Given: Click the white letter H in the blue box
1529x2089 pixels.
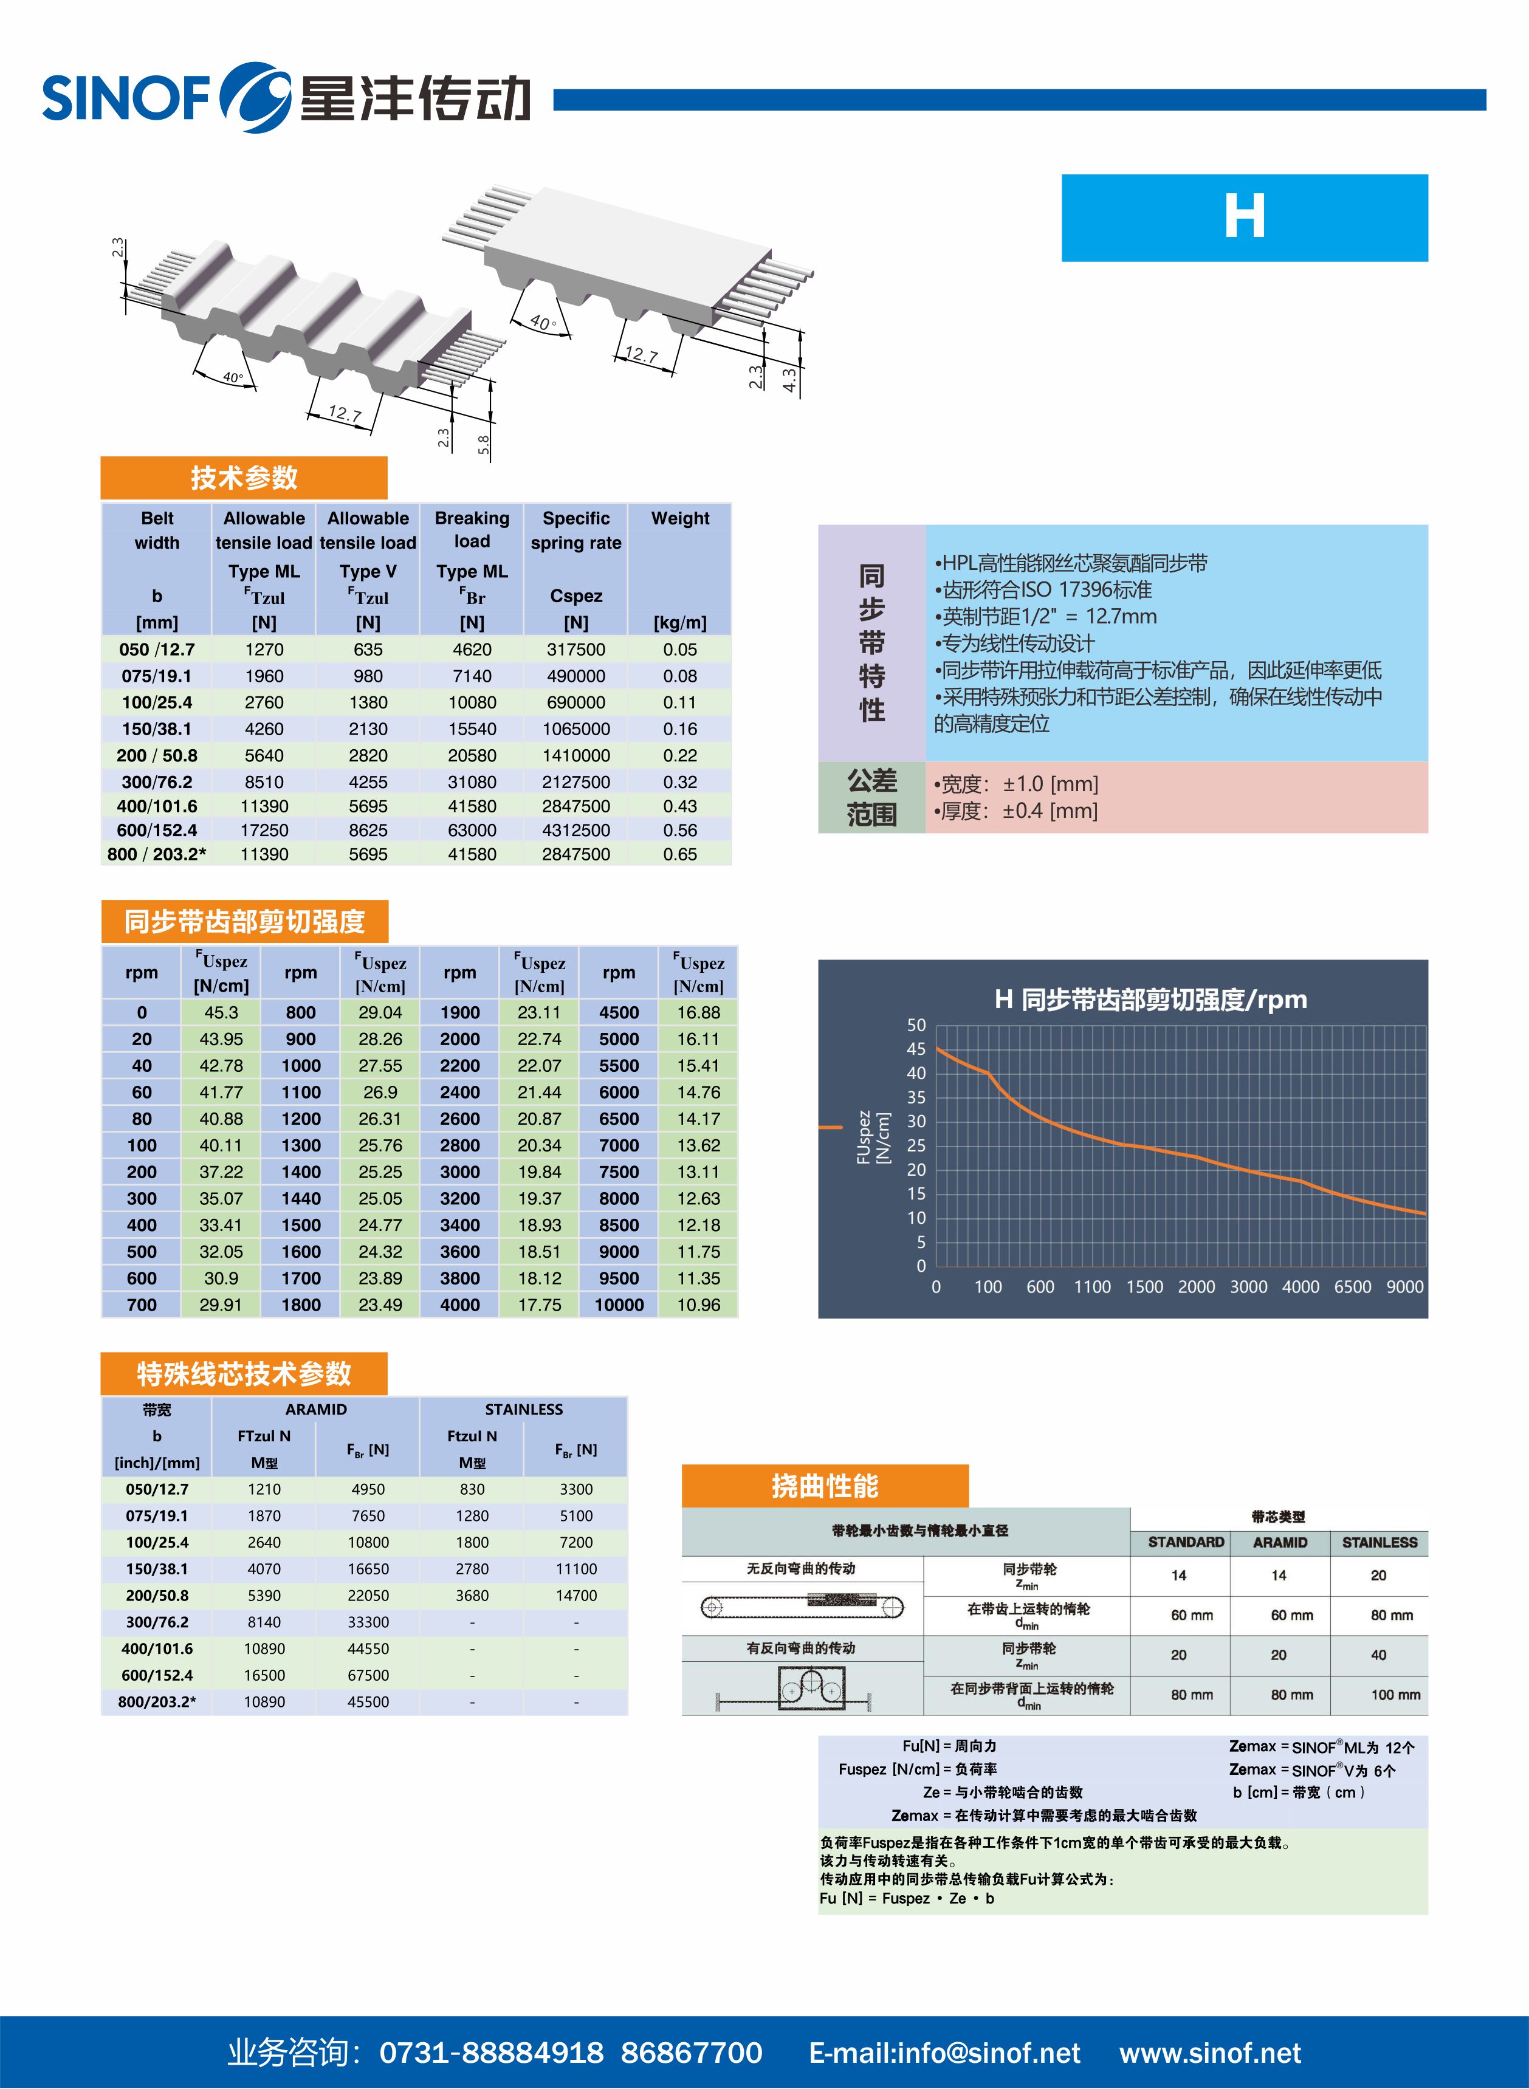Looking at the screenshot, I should coord(1244,218).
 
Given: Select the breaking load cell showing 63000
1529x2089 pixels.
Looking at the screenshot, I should coord(472,830).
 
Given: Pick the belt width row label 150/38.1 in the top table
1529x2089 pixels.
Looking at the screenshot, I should coord(156,729).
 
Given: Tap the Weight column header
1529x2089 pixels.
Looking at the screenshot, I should coord(679,518).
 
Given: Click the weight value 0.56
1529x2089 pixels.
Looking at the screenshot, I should coord(679,830).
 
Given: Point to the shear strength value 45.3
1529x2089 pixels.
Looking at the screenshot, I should coord(221,1012).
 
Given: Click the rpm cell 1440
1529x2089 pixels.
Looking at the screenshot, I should coord(301,1198).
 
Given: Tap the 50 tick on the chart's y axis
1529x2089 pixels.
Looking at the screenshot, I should coord(916,1025).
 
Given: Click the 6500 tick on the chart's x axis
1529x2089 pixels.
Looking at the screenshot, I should coord(1352,1287).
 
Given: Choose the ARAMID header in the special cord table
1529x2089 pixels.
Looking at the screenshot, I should coord(315,1409).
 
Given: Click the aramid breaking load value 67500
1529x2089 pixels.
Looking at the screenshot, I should coord(368,1675).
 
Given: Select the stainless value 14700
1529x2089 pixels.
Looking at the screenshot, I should coord(576,1596).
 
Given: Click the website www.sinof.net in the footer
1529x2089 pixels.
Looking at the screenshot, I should coord(1210,2053).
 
